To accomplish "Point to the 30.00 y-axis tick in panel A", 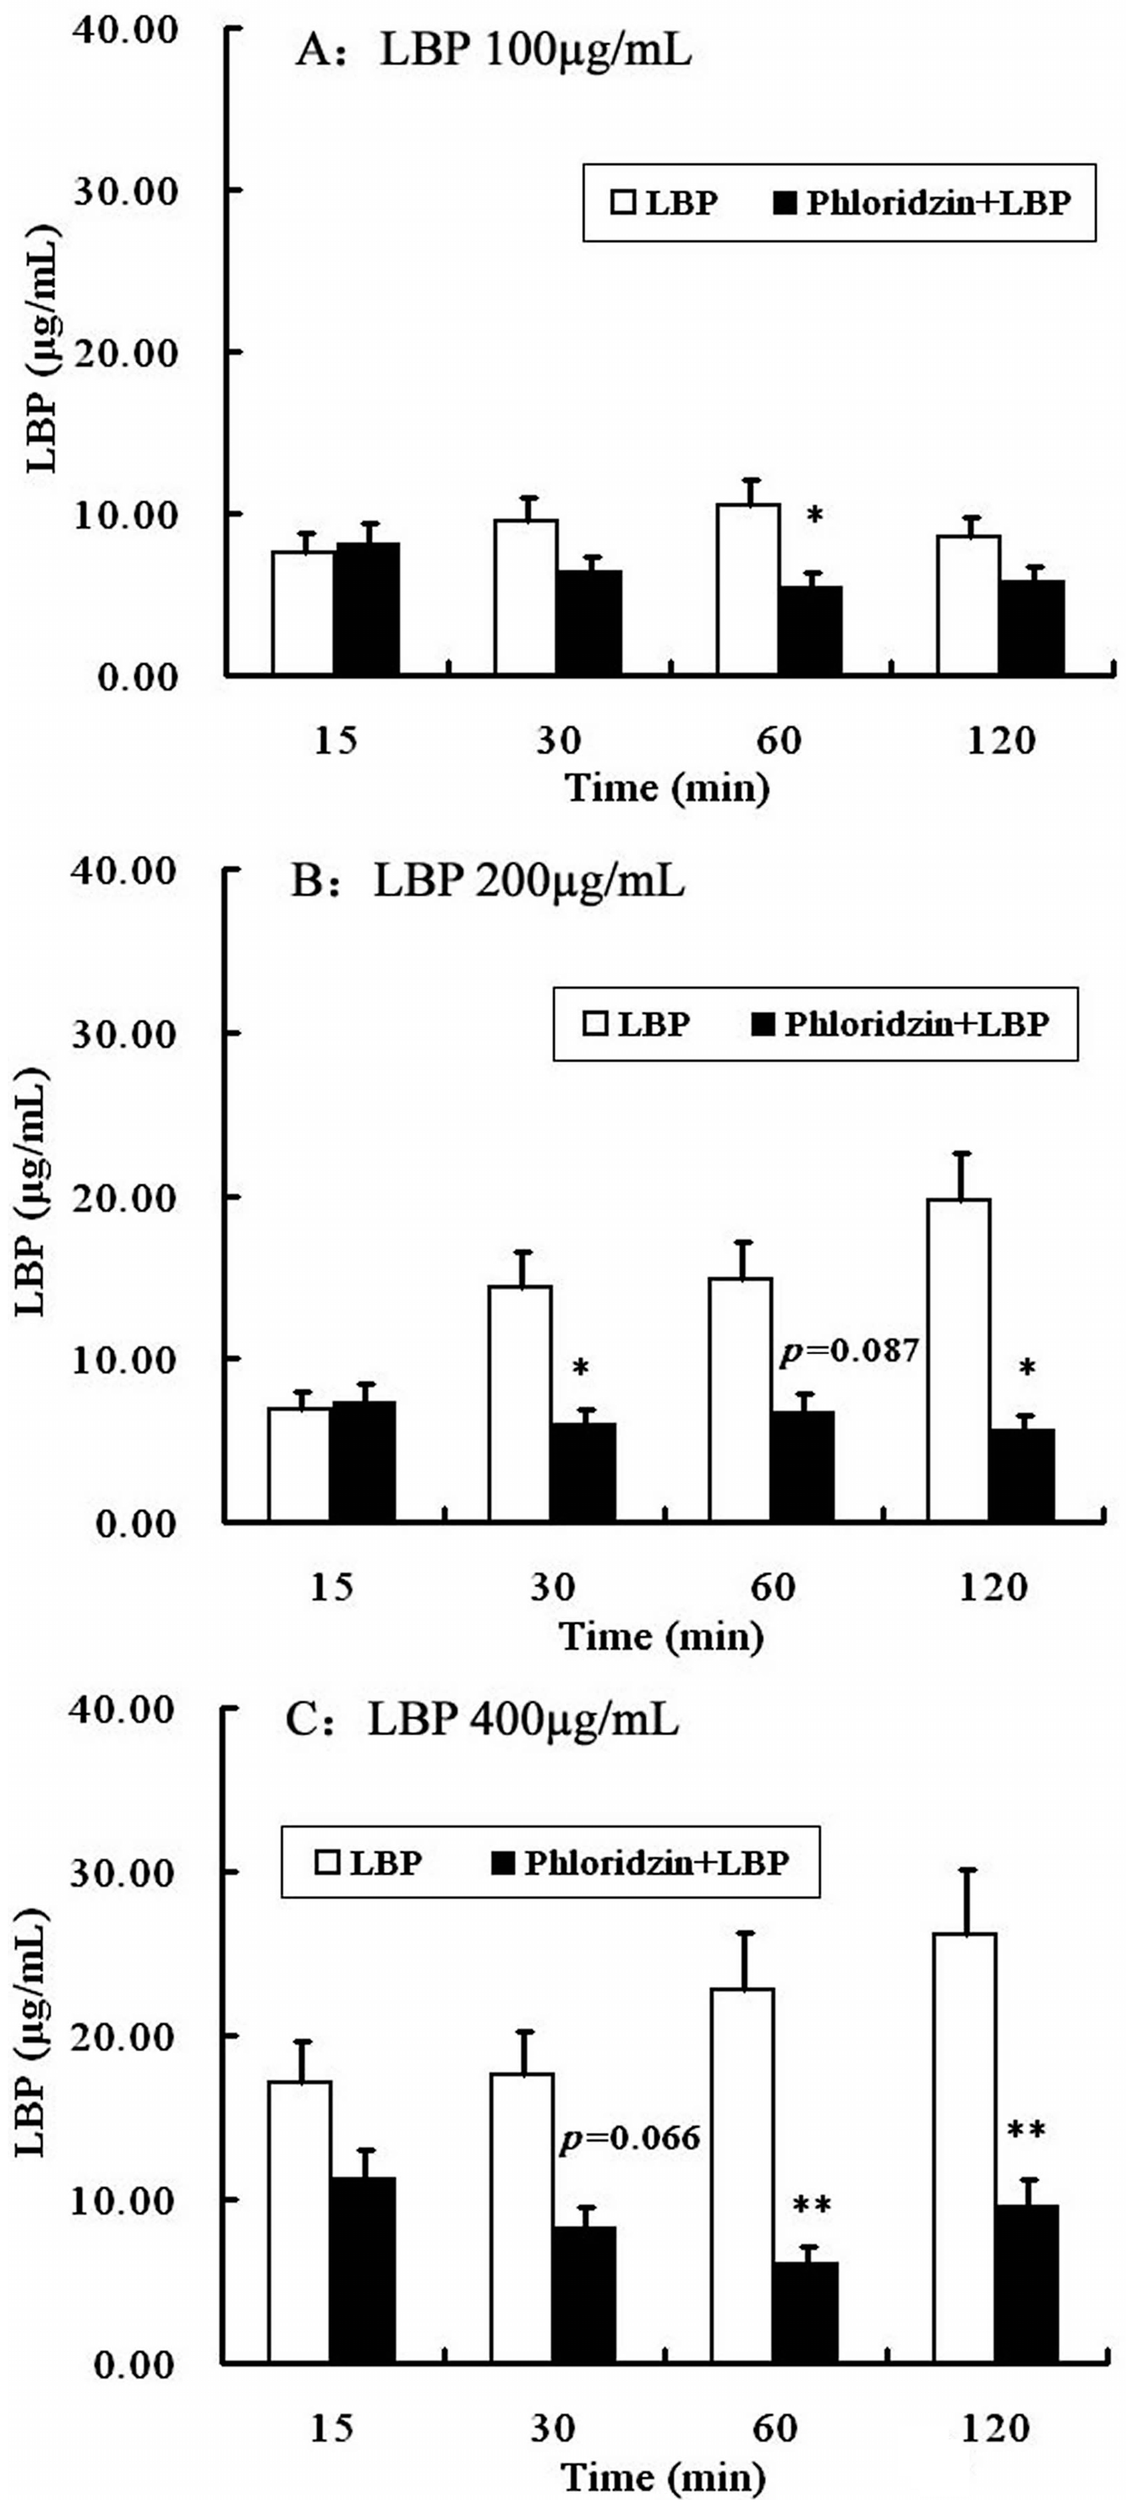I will pos(125,190).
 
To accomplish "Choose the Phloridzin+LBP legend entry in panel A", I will pos(922,203).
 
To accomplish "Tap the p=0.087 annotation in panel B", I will pos(849,1351).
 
